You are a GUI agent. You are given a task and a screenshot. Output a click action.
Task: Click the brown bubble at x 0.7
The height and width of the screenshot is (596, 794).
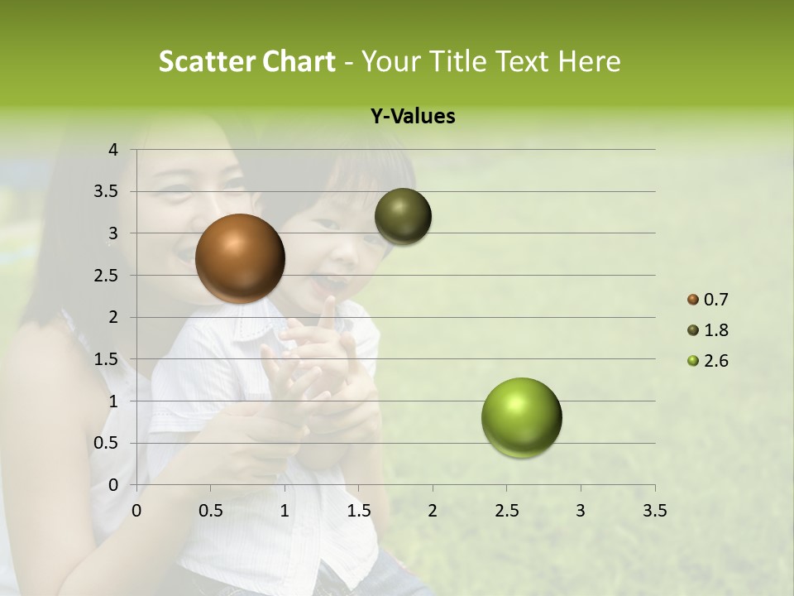240,258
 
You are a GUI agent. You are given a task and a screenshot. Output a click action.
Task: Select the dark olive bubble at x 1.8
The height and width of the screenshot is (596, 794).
403,216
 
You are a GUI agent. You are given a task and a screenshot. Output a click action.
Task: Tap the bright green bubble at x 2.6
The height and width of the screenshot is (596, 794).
521,417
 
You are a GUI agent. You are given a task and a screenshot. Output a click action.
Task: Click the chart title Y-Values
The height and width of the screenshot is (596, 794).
413,117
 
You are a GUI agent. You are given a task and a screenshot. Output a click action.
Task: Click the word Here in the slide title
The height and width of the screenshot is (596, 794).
589,61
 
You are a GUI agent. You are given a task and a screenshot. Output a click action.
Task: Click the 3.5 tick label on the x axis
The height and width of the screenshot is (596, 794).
654,511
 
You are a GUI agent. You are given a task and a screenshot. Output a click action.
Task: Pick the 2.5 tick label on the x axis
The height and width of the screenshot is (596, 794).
506,511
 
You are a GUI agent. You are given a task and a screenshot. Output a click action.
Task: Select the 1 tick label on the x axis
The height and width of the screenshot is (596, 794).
285,511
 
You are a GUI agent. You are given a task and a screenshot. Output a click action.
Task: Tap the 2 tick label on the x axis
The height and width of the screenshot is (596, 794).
433,511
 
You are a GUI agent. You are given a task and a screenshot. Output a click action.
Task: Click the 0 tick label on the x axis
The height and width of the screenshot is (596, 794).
136,511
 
